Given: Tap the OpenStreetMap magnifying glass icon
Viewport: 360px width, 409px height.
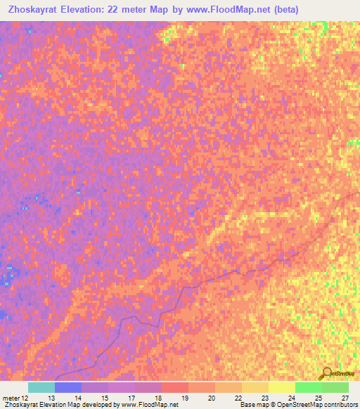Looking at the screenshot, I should point(326,373).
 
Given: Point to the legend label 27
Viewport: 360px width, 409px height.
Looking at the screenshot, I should point(345,397).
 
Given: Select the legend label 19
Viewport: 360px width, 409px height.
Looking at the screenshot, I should point(185,397).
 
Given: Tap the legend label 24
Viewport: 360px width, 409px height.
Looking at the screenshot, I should point(291,397).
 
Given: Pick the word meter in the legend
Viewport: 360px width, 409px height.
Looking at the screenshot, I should point(11,397).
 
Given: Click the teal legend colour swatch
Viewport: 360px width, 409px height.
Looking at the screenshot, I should point(41,387).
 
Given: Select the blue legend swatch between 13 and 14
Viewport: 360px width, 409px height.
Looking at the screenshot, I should point(67,387).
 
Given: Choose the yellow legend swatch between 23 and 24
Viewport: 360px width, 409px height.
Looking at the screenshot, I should point(281,387).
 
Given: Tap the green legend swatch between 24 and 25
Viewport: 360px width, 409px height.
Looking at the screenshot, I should point(308,387).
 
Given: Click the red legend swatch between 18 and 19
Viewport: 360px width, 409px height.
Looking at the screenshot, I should point(174,387).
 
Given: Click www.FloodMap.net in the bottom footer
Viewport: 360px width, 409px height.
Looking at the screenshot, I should point(150,405).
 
